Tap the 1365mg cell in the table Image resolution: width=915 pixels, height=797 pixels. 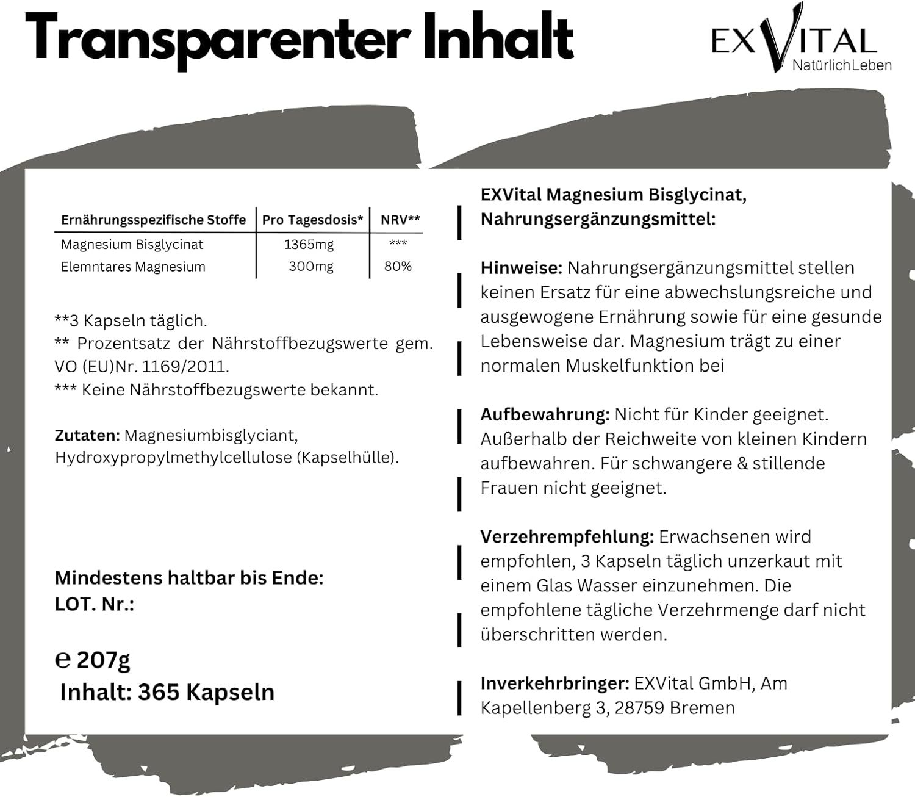coord(309,245)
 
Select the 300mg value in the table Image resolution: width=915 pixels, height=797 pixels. coord(310,267)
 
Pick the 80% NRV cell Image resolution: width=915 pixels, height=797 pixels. coord(398,267)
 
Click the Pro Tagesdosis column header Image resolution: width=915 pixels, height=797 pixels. coord(312,220)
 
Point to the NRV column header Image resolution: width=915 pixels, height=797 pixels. coord(400,220)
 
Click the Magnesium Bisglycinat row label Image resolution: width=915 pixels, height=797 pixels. coord(132,245)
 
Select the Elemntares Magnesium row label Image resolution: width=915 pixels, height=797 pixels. coord(133,267)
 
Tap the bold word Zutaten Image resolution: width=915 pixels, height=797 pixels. coord(87,436)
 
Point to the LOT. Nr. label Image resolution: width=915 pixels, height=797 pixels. coord(95,604)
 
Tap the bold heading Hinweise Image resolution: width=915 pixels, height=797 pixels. coord(521,268)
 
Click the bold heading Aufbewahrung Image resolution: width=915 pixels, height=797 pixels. coord(545,415)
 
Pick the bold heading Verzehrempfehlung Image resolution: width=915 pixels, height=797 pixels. coord(567,537)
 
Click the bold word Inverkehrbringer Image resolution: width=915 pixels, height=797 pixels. coord(554,683)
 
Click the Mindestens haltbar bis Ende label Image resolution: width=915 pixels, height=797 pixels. coord(189,577)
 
